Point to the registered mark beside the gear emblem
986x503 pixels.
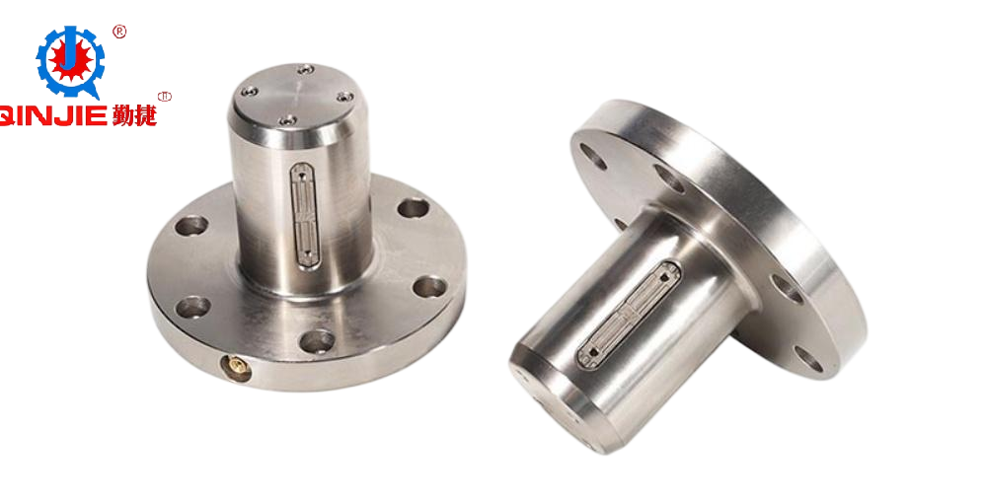(x=120, y=32)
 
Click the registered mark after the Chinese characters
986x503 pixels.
(x=166, y=98)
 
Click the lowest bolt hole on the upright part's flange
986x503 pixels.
(x=316, y=341)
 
